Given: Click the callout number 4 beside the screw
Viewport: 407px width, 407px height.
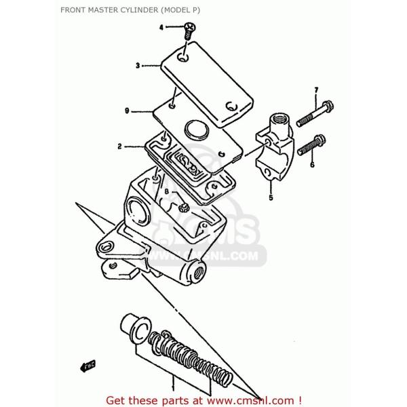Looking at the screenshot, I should (x=161, y=28).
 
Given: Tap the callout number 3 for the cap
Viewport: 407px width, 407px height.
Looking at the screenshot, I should (x=137, y=66).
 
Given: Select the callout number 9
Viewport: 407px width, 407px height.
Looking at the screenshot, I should (x=127, y=111).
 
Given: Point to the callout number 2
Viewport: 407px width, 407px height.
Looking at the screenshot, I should (x=119, y=146).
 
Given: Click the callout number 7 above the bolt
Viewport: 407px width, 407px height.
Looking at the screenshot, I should (x=315, y=90).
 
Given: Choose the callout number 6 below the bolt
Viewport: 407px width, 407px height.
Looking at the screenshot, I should (x=312, y=164).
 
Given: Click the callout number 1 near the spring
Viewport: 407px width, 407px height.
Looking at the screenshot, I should (x=172, y=385).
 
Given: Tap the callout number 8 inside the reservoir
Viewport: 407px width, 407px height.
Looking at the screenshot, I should (x=166, y=193).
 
